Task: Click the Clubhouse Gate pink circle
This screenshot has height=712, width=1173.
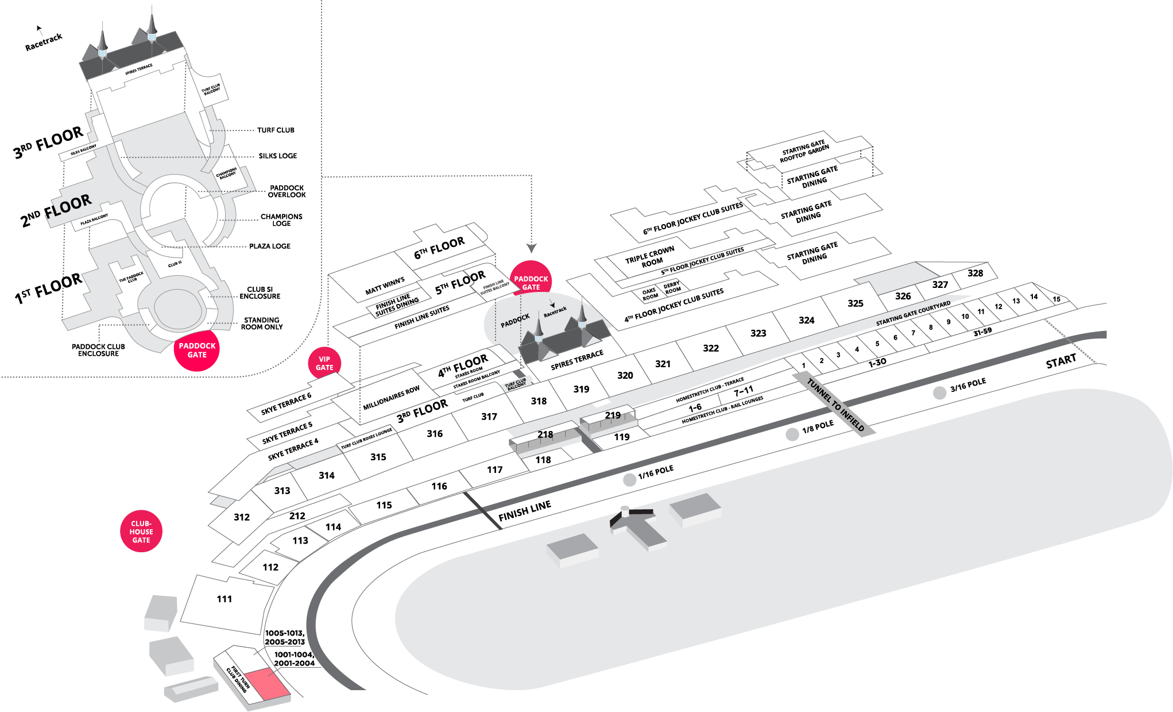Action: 141,532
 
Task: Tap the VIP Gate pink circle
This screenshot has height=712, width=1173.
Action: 324,364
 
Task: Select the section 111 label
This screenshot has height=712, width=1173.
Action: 224,599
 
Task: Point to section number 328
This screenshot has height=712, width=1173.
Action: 975,273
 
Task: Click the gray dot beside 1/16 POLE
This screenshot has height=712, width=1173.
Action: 630,480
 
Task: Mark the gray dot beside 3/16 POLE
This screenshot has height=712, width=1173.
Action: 939,393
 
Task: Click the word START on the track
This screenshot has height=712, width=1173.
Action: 1060,361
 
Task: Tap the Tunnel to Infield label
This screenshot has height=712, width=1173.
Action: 835,405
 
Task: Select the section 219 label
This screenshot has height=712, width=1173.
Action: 613,415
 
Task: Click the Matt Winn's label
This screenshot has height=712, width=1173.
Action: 385,286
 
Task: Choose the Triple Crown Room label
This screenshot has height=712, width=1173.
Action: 650,256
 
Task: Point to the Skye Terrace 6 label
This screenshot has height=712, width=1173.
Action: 286,403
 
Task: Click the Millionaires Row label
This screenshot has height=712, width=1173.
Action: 391,398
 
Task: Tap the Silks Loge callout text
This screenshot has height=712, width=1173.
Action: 277,156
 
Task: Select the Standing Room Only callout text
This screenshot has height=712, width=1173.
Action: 261,324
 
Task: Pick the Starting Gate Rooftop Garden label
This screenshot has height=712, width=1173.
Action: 804,152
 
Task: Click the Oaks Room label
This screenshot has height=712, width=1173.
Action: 649,294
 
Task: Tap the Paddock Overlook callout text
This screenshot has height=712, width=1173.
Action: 287,191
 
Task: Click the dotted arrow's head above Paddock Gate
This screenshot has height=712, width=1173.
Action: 532,248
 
